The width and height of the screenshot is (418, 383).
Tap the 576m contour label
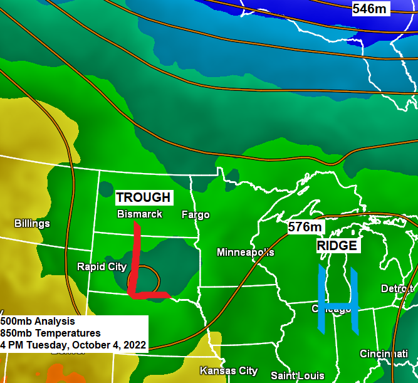click(x=305, y=227)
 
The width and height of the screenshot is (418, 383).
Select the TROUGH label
click(x=143, y=197)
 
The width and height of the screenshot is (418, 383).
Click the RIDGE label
click(x=337, y=245)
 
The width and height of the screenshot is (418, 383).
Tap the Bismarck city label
click(x=140, y=214)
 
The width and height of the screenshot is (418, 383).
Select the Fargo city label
click(x=196, y=214)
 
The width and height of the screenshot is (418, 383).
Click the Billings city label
click(x=32, y=223)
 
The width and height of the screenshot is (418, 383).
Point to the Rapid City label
click(x=102, y=266)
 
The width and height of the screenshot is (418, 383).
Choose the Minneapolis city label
click(x=245, y=252)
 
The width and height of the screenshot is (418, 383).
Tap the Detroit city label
click(x=397, y=288)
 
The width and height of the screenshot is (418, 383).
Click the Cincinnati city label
click(x=384, y=354)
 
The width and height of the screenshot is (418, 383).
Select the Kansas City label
click(x=229, y=370)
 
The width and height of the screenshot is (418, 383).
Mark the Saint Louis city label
click(x=298, y=375)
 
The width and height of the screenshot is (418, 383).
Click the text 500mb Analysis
click(x=38, y=321)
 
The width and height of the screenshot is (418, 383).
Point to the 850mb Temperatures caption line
click(x=50, y=333)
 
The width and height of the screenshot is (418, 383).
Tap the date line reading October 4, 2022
click(x=73, y=345)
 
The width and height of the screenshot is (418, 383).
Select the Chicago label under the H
click(x=332, y=309)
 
